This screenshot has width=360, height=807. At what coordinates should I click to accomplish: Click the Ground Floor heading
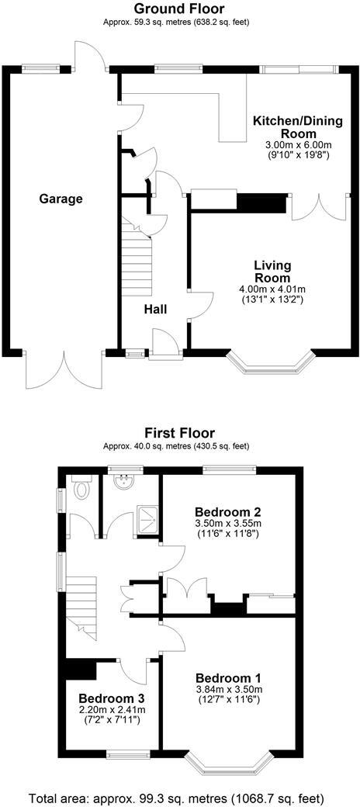(179, 9)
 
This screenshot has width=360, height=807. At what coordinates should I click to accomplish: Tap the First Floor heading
(179, 432)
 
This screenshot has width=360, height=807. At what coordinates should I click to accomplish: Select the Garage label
(61, 199)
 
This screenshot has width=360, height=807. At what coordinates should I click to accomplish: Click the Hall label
(155, 309)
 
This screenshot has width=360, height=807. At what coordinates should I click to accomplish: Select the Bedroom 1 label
(229, 676)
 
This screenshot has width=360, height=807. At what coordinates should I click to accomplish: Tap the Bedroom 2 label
(227, 512)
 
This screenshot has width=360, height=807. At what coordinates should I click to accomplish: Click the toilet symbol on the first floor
(81, 490)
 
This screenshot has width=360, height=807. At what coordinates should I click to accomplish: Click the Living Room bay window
(266, 365)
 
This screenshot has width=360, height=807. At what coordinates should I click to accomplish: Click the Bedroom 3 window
(127, 753)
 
